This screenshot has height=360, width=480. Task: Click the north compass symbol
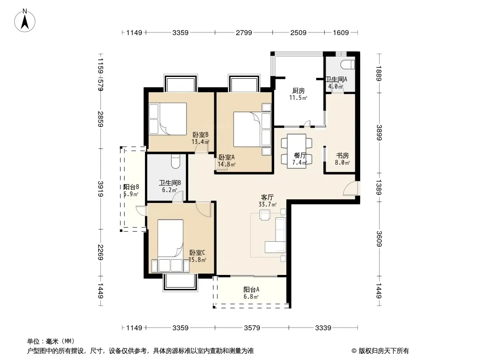tap(25, 21)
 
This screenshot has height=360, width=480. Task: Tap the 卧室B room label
tap(200, 135)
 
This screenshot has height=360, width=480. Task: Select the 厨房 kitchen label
tap(298, 91)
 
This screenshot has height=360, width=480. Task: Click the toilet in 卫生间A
tap(348, 65)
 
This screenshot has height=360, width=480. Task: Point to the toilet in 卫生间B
tap(176, 162)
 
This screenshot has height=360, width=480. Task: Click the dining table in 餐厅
tap(297, 151)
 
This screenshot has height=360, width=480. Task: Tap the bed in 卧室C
tap(171, 246)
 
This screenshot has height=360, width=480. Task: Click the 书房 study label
tap(342, 156)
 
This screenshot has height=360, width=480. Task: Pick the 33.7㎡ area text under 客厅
tap(267, 205)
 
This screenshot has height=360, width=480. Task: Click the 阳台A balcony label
tap(251, 289)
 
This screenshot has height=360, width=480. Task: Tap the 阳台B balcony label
tap(131, 187)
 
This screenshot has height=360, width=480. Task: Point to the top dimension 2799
tap(244, 33)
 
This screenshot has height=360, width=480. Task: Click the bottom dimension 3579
tap(252, 328)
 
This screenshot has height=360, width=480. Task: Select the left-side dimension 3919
tap(100, 189)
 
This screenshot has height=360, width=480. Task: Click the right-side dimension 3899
tap(379, 132)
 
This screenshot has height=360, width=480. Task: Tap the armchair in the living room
tap(264, 214)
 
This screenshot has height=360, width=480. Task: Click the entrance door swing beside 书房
tap(351, 188)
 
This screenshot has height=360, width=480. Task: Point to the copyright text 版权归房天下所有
tap(384, 351)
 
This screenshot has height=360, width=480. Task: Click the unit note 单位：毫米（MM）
tap(51, 342)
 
